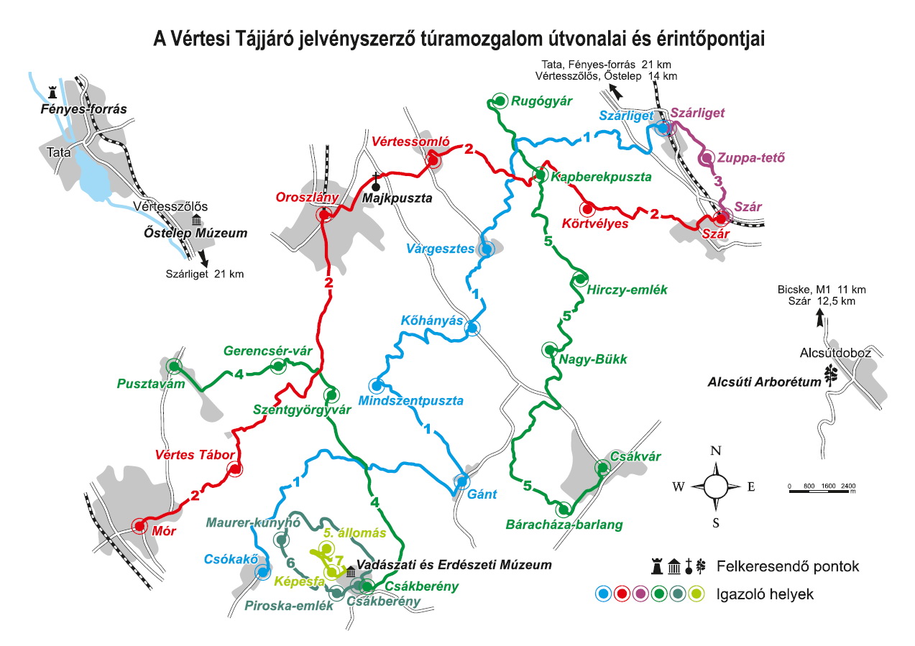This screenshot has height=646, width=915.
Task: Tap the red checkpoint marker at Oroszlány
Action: (x=323, y=214)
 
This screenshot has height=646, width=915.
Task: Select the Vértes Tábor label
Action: (x=196, y=455)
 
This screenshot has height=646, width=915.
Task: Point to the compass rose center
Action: (x=716, y=486)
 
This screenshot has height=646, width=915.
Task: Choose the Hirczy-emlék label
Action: (x=627, y=290)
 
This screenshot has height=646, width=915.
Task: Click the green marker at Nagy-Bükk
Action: (x=550, y=349)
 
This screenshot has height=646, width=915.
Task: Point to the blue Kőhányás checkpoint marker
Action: (x=472, y=328)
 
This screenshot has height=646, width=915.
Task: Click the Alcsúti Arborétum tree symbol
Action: (x=832, y=375)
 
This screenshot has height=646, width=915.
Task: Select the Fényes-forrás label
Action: (x=83, y=110)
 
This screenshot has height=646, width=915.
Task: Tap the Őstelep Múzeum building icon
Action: (x=196, y=220)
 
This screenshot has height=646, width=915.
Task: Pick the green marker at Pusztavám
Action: (x=174, y=366)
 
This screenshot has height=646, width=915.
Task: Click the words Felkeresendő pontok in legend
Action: (x=788, y=566)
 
